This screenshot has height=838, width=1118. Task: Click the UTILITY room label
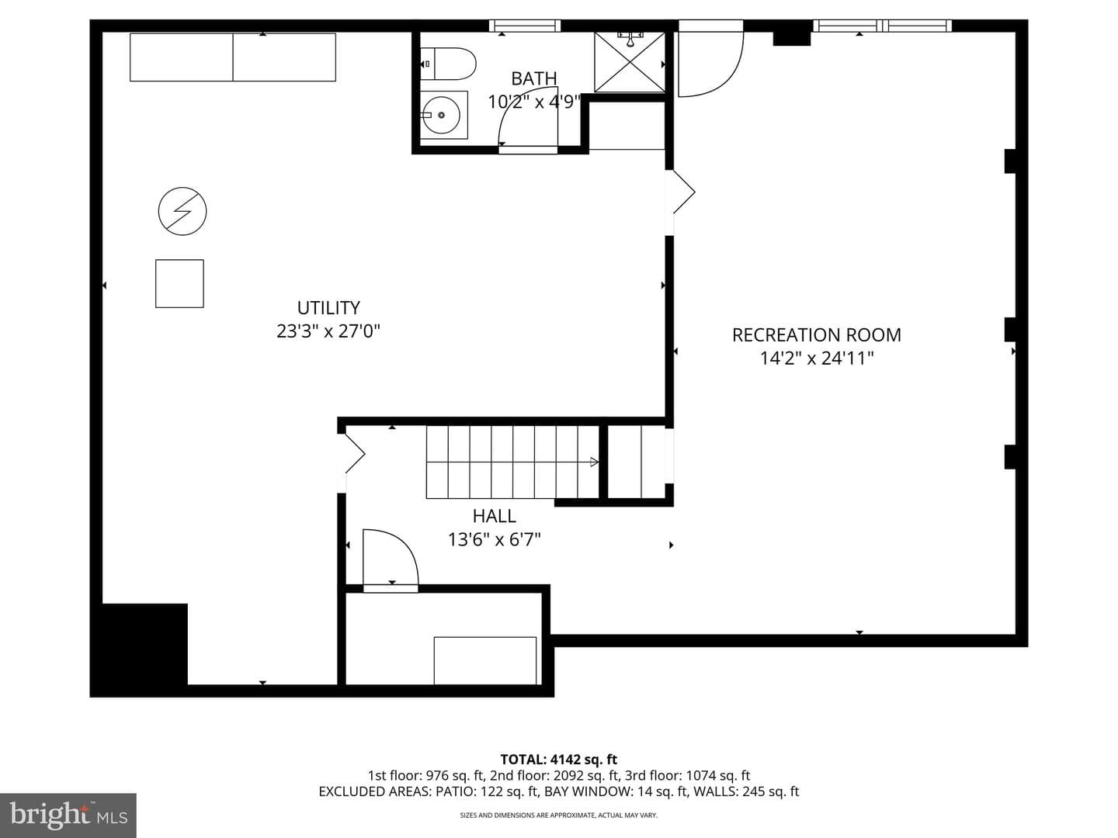(328, 308)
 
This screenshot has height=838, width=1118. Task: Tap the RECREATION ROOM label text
(817, 334)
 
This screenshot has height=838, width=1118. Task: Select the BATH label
(534, 79)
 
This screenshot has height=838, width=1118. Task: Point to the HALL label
(494, 516)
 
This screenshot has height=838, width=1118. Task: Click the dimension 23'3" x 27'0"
(328, 331)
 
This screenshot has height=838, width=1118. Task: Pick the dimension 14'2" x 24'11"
(817, 358)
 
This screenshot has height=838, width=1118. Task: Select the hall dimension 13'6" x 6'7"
(494, 539)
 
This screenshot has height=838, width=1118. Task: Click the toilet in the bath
(448, 64)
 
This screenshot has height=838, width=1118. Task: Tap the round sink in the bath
(441, 115)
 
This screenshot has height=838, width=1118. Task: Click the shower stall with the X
(630, 62)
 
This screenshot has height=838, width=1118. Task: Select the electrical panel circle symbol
(182, 211)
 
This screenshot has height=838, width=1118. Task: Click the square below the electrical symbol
(180, 283)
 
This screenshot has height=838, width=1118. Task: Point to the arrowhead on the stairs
(594, 462)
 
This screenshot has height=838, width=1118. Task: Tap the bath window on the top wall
(525, 26)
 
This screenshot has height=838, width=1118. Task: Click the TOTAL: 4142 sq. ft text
(559, 760)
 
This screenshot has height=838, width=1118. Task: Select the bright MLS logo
(68, 815)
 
